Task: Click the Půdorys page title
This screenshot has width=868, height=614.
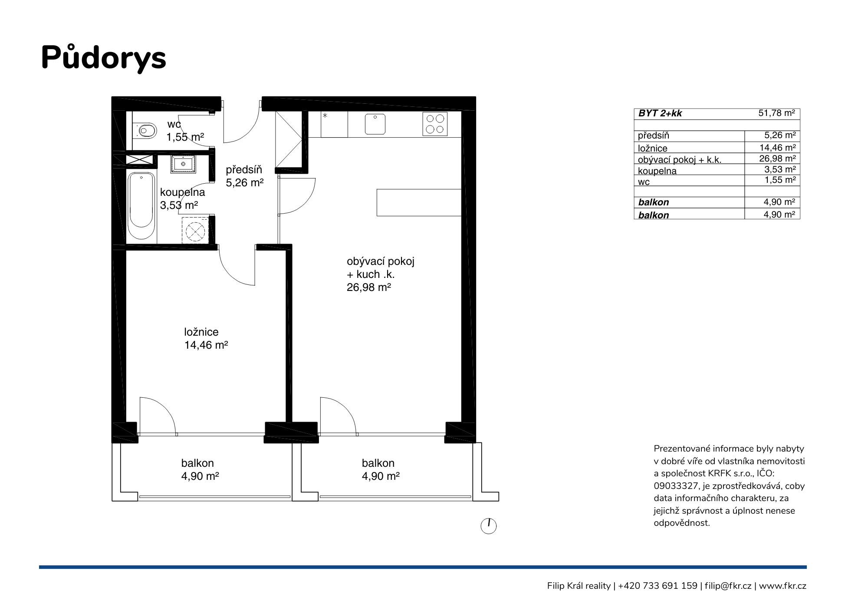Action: pyautogui.click(x=104, y=58)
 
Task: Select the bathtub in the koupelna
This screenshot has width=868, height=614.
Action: pyautogui.click(x=141, y=205)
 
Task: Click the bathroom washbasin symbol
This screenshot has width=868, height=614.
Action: pyautogui.click(x=183, y=164)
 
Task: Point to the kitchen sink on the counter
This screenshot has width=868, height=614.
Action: pyautogui.click(x=375, y=124)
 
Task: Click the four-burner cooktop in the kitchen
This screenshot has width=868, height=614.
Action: pyautogui.click(x=435, y=124)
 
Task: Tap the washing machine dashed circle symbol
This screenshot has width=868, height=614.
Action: pyautogui.click(x=195, y=231)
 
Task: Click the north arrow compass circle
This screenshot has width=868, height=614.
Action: pyautogui.click(x=489, y=526)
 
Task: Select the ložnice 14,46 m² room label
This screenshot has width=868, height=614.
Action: pyautogui.click(x=206, y=339)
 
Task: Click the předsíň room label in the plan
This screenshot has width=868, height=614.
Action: pyautogui.click(x=244, y=170)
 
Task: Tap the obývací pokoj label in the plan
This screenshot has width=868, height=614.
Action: pyautogui.click(x=381, y=261)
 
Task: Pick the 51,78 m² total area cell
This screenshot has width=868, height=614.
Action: pyautogui.click(x=777, y=113)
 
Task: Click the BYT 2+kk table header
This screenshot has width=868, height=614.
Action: pyautogui.click(x=660, y=113)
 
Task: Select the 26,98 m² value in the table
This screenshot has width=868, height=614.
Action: pyautogui.click(x=777, y=159)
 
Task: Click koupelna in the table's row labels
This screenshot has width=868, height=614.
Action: pyautogui.click(x=657, y=171)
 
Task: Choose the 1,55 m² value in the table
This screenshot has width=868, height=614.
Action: pyautogui.click(x=780, y=180)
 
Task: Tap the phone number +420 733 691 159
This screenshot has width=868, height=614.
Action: pyautogui.click(x=658, y=586)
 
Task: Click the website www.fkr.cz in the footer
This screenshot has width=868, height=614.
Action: pyautogui.click(x=783, y=586)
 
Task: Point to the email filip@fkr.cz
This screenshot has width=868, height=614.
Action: pyautogui.click(x=728, y=586)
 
